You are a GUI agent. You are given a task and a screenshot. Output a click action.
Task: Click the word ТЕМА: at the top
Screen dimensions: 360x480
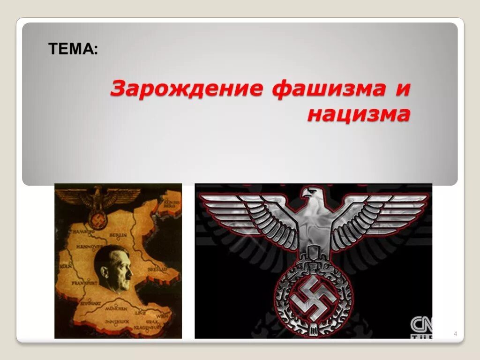pos(74,48)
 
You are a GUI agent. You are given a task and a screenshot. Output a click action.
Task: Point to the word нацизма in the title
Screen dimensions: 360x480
pos(359,114)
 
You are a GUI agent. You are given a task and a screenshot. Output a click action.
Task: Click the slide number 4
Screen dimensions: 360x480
pos(455,334)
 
